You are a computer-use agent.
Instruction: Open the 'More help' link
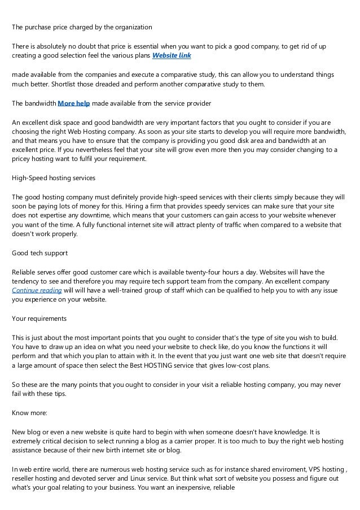coord(74,103)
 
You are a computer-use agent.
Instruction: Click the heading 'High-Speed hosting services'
coord(54,178)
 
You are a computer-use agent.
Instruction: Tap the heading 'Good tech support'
coord(38,254)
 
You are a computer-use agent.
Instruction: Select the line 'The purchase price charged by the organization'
coord(82,27)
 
